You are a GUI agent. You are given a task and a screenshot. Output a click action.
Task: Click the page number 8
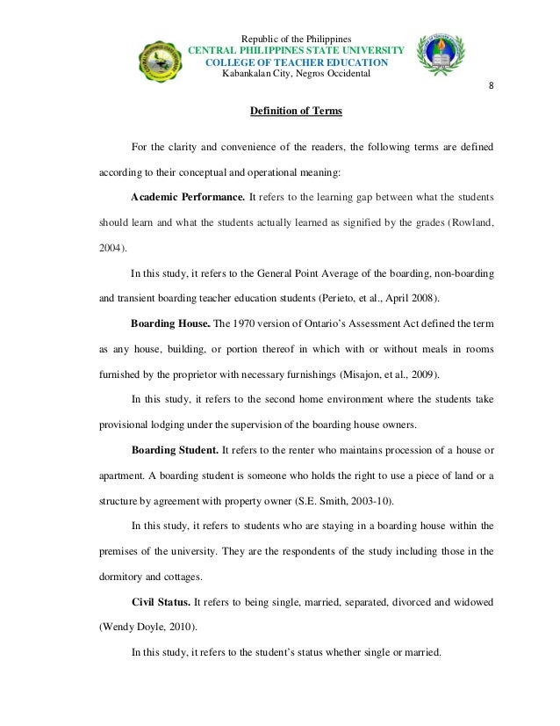[x=491, y=86]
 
